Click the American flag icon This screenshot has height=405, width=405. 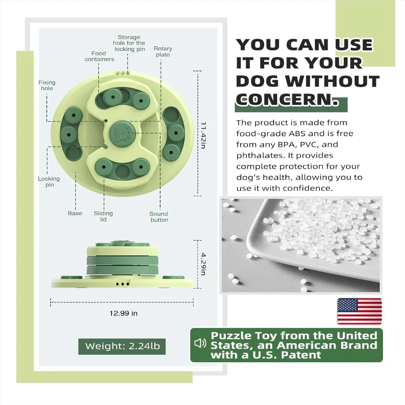coord(360,311)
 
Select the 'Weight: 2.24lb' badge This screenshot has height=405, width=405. coord(121,346)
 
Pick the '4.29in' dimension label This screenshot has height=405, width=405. coord(203,264)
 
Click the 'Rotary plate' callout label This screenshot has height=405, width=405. coord(162,52)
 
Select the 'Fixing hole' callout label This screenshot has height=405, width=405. coord(46,85)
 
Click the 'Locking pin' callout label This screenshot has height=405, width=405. coord(49,182)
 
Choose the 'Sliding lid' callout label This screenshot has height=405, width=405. coord(103,216)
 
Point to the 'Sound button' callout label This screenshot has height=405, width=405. coord(159,217)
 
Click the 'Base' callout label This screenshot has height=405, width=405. coord(75,213)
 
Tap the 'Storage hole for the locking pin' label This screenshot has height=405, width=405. coord(129,43)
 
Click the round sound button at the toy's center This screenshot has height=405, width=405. coord(121,134)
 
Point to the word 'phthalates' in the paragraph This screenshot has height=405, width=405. coord(259,156)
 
